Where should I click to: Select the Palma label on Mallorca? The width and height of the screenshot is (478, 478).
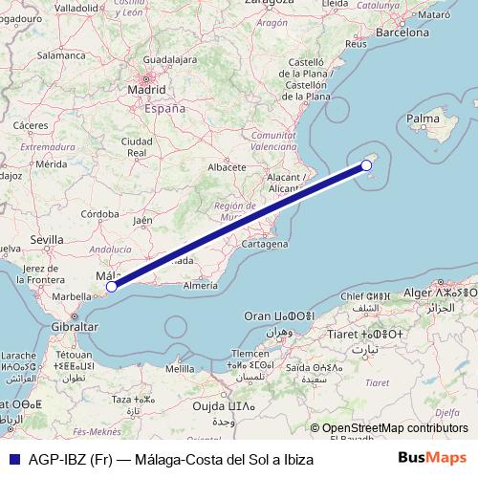coord(423,119)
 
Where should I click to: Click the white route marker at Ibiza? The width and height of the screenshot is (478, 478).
coord(366,165)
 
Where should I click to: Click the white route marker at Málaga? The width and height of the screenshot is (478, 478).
coord(111,286)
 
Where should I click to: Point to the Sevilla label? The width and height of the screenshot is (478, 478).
coord(46,239)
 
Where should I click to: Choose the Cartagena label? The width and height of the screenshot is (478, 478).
coord(265,244)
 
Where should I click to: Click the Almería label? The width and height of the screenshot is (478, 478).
coord(200,286)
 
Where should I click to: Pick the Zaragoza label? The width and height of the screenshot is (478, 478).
coord(271,5)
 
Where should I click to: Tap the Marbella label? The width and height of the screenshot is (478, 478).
coord(72,297)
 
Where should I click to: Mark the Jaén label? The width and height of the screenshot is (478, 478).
coord(143,220)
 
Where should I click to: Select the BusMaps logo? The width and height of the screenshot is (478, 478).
coord(438,459)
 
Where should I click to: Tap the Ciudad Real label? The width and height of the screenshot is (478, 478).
coord(137,146)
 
